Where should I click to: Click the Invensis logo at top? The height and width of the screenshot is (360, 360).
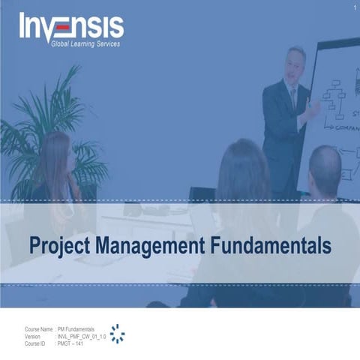pyautogui.click(x=71, y=28)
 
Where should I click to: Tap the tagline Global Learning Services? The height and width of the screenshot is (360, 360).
pyautogui.click(x=85, y=44)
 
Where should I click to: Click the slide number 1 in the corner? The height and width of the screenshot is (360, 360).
pyautogui.click(x=352, y=7)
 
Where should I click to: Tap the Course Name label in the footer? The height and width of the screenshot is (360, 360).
pyautogui.click(x=38, y=329)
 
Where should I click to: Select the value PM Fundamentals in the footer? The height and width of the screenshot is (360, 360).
pyautogui.click(x=76, y=329)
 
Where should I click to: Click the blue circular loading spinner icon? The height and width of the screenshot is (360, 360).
pyautogui.click(x=117, y=334)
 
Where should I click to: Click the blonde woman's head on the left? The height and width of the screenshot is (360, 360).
pyautogui.click(x=56, y=154)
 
